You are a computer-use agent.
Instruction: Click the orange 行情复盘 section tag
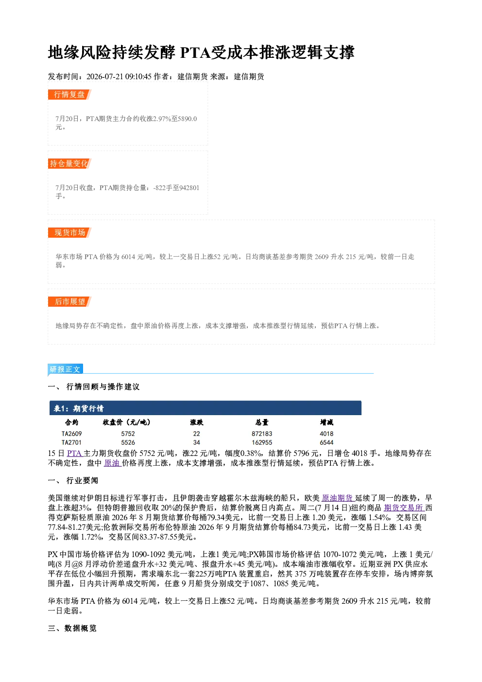(x=69, y=95)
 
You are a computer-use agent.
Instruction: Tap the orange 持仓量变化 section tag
(x=69, y=164)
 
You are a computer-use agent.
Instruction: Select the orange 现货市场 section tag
(x=69, y=233)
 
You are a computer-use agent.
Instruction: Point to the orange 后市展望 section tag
(x=69, y=302)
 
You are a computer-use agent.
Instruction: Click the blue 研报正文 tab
(x=65, y=369)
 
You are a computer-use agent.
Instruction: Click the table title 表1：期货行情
(x=79, y=408)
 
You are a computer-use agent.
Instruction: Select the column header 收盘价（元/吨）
(x=127, y=422)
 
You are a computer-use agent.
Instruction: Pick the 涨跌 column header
(x=197, y=422)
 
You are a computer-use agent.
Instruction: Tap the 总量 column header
(x=262, y=422)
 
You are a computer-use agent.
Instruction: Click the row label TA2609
(x=71, y=434)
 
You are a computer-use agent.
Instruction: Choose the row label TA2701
(x=71, y=443)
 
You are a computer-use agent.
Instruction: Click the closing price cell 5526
(x=128, y=443)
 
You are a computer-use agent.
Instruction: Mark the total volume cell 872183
(x=262, y=434)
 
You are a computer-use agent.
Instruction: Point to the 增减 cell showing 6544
(x=327, y=443)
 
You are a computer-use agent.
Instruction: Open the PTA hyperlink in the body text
(x=74, y=454)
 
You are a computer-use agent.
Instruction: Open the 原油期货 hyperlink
(x=337, y=498)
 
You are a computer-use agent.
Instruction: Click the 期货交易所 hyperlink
(x=403, y=508)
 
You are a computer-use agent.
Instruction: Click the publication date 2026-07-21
(x=105, y=77)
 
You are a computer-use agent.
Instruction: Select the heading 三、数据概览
(x=72, y=629)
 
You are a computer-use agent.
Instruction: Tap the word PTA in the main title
(x=195, y=52)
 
